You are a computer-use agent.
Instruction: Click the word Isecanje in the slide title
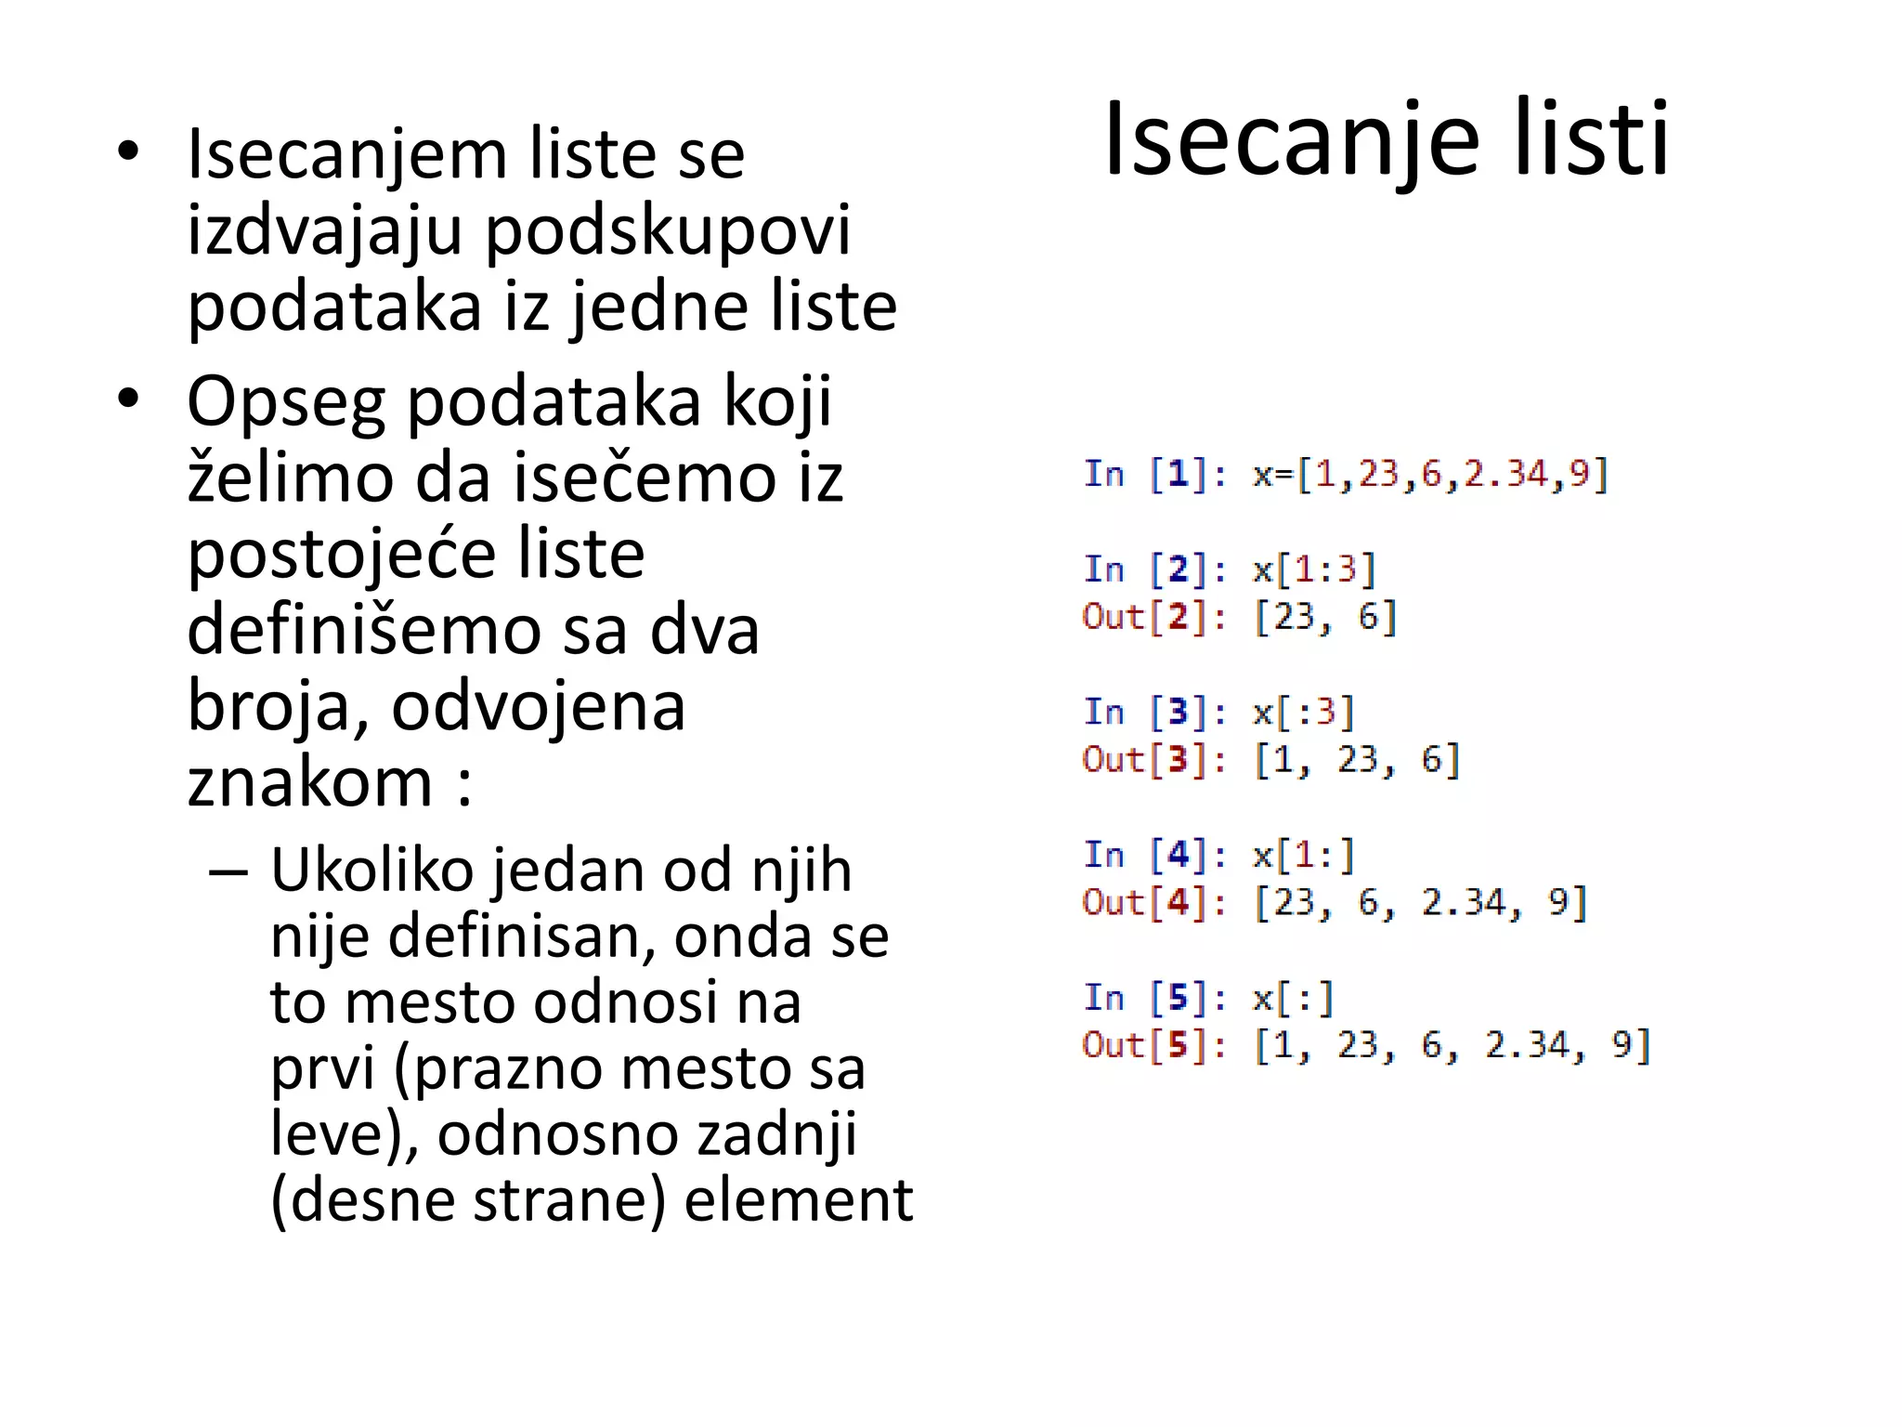pyautogui.click(x=1291, y=141)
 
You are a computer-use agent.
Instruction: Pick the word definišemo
pyautogui.click(x=363, y=630)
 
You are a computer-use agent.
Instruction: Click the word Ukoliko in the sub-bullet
pyautogui.click(x=371, y=871)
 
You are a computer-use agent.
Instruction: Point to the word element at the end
pyautogui.click(x=799, y=1199)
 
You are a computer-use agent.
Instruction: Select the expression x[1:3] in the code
pyautogui.click(x=1314, y=569)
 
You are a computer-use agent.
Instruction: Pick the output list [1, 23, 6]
pyautogui.click(x=1357, y=760)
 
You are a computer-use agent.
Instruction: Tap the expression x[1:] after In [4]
pyautogui.click(x=1304, y=855)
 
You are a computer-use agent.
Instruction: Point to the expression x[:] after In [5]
pyautogui.click(x=1294, y=999)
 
